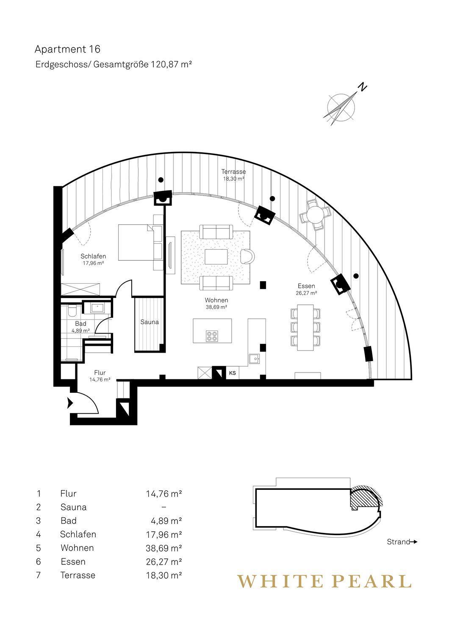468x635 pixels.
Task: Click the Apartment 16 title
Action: [x=67, y=50]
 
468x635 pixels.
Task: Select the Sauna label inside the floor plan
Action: [x=150, y=322]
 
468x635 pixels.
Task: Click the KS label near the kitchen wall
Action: [x=232, y=373]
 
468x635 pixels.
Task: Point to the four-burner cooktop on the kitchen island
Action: [x=212, y=336]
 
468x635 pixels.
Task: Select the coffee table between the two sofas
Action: [x=216, y=257]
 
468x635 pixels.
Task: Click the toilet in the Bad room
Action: [x=72, y=311]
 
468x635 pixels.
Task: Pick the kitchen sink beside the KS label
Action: [x=254, y=359]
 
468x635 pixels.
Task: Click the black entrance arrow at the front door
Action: [x=70, y=403]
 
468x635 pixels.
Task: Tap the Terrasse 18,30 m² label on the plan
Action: [x=233, y=175]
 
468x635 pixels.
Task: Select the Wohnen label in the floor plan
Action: [x=216, y=300]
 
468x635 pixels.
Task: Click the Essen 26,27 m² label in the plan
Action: [x=306, y=289]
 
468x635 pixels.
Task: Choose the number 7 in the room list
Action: [x=38, y=575]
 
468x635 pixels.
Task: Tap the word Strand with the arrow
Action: [x=402, y=542]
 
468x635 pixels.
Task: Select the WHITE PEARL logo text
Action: [x=324, y=582]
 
